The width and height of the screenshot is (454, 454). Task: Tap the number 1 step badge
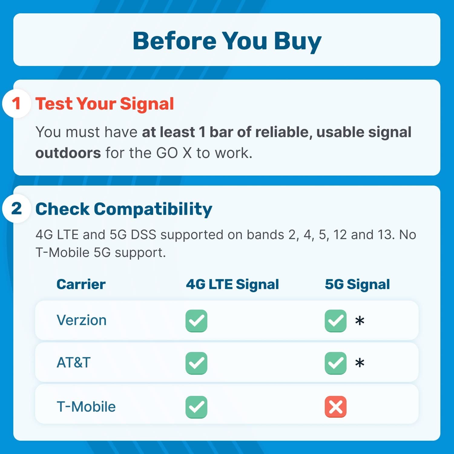(17, 104)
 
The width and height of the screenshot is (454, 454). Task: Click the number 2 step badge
(17, 209)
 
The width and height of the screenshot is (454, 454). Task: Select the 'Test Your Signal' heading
(105, 104)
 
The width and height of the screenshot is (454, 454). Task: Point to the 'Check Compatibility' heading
(124, 209)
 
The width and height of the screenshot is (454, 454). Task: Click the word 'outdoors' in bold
(68, 153)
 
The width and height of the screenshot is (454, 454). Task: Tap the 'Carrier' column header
(81, 285)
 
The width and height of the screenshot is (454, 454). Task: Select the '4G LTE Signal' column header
(232, 285)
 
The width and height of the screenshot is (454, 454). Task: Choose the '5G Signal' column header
(357, 285)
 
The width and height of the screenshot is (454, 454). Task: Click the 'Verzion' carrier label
(81, 320)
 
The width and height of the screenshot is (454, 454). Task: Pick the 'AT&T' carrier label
(74, 363)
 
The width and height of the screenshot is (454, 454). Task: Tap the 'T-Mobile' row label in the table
(86, 407)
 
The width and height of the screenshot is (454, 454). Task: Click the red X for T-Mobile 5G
(336, 407)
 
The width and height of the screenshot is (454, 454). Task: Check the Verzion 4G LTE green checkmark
(196, 321)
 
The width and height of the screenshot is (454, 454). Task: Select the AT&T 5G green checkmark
(336, 363)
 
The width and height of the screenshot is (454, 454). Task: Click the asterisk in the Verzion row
(360, 320)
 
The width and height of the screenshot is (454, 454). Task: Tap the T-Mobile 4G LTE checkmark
(196, 407)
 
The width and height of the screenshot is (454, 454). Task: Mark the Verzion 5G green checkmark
(336, 321)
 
